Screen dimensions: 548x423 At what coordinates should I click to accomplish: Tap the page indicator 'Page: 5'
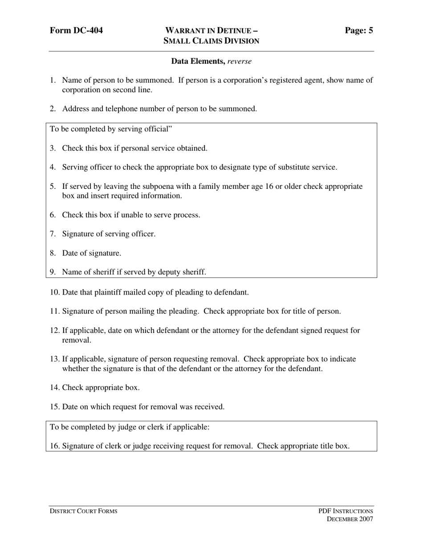[x=359, y=31]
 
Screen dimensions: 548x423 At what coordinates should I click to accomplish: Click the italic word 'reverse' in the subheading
[x=239, y=61]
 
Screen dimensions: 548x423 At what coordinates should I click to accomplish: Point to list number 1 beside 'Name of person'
[x=53, y=81]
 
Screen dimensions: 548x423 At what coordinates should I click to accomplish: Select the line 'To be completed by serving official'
[x=111, y=129]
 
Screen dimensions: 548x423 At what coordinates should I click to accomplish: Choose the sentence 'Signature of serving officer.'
[x=109, y=234]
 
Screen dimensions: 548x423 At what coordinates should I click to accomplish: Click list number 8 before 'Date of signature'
[x=53, y=253]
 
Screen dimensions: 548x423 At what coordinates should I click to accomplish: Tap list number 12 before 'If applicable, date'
[x=54, y=331]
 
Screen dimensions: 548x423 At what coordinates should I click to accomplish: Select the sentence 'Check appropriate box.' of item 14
[x=101, y=388]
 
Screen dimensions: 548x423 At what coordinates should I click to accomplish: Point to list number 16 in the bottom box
[x=54, y=446]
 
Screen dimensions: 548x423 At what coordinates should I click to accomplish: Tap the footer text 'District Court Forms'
[x=83, y=511]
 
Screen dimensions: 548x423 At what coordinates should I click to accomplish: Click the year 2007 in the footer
[x=365, y=519]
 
